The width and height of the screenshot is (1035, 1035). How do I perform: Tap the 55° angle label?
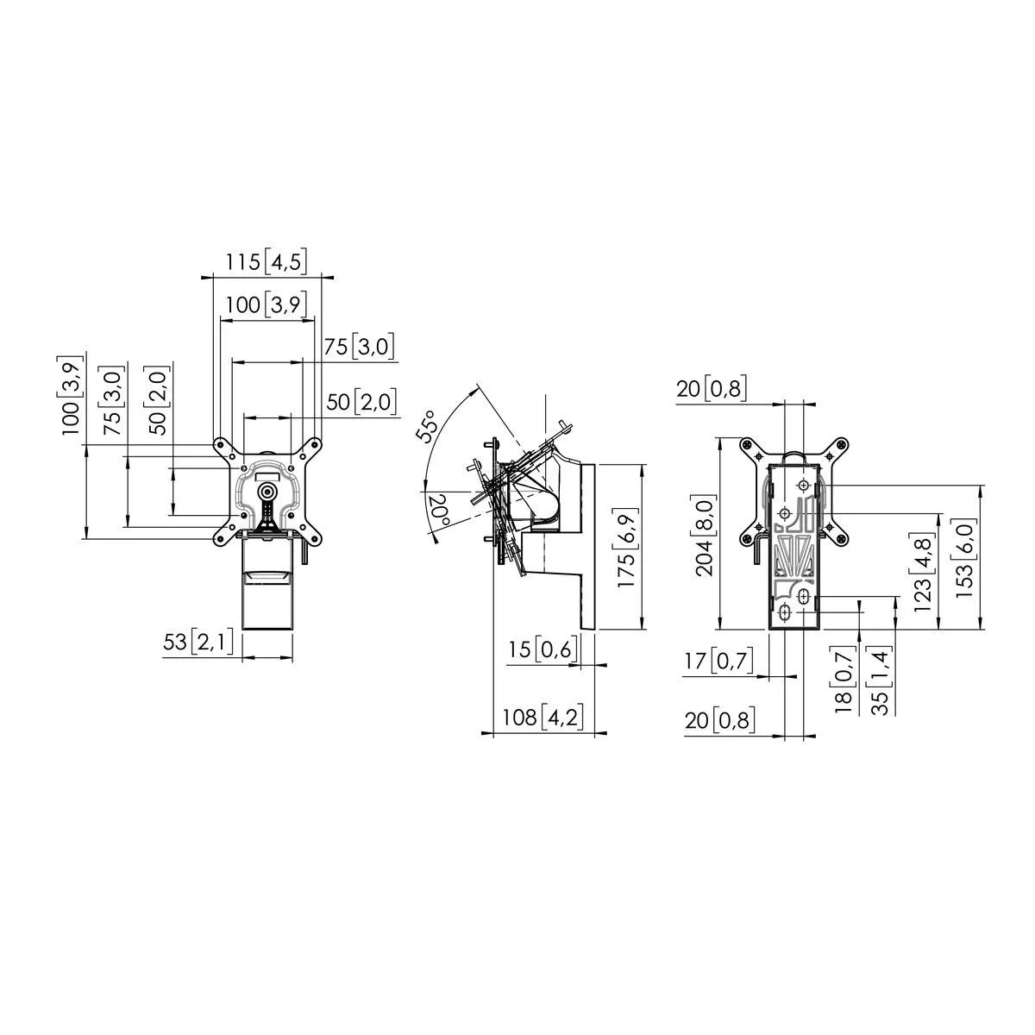coord(428,427)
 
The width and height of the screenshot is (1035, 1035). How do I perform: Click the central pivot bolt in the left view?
coord(267,491)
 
